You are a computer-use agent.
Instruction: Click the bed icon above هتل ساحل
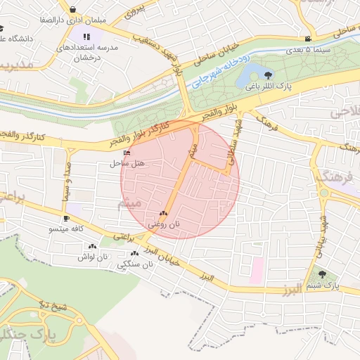pyautogui.click(x=127, y=153)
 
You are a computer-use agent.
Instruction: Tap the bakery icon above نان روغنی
pyautogui.click(x=164, y=213)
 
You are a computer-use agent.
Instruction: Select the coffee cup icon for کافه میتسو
pyautogui.click(x=67, y=219)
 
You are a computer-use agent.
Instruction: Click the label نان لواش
pyautogui.click(x=94, y=257)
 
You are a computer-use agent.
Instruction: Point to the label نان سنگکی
pyautogui.click(x=134, y=265)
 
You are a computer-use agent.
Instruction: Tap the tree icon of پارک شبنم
pyautogui.click(x=322, y=275)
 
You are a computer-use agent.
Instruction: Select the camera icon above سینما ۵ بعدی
pyautogui.click(x=308, y=39)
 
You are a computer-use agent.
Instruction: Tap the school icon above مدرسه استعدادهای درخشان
pyautogui.click(x=86, y=37)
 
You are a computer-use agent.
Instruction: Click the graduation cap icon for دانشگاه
pyautogui.click(x=2, y=29)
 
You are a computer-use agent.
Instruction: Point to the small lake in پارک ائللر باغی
pyautogui.click(x=251, y=76)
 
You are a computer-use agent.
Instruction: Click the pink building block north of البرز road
pyautogui.click(x=257, y=268)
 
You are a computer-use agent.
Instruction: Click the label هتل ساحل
pyautogui.click(x=127, y=163)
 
